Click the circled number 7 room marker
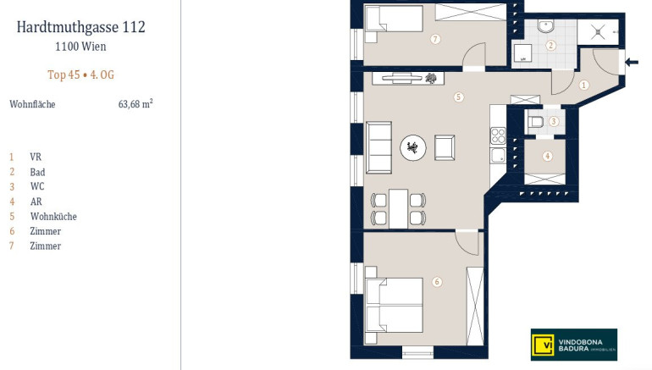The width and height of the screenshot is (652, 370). coord(435,39)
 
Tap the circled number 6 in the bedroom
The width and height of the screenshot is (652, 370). coord(437,282)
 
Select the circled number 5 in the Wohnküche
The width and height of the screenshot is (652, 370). coord(458,97)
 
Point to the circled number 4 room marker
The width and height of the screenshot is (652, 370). coord(547,157)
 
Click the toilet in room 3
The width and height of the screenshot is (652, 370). coord(535,122)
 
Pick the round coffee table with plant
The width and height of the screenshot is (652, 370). coord(413,147)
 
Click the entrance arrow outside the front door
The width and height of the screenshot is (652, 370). coord(632,63)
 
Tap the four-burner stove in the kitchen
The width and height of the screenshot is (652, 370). coord(498,135)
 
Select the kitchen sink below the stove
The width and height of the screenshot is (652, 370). coord(498,156)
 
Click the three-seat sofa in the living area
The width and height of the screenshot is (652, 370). coord(378,147)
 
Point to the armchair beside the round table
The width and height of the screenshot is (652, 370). coord(445,147)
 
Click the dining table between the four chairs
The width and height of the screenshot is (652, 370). coord(398,208)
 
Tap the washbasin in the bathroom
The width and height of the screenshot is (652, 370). coord(545,26)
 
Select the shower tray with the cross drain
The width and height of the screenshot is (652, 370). coord(598,32)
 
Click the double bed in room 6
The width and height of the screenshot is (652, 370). coord(394,306)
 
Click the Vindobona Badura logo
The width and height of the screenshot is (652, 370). coord(574,345)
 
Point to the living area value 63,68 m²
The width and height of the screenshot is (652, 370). coord(135,103)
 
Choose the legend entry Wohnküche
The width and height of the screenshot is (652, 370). coord(53,216)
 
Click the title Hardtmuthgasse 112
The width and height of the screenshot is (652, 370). coord(81,27)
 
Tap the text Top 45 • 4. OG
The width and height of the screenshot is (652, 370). coord(80,75)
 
